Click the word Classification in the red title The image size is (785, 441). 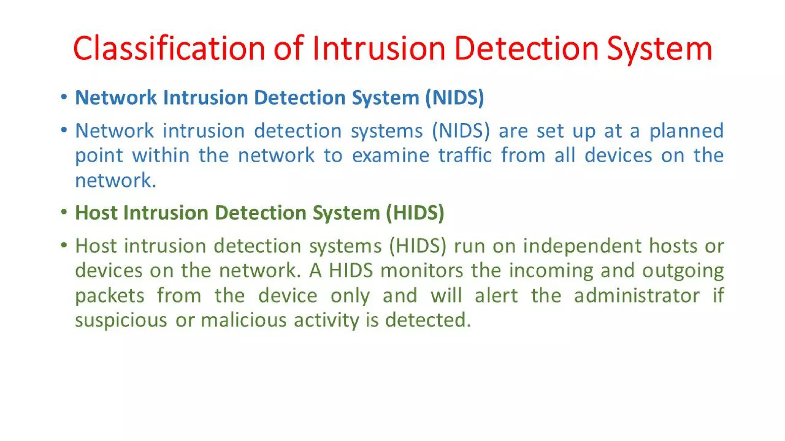tap(169, 49)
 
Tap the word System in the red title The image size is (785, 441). tap(659, 49)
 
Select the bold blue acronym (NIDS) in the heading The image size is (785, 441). tap(455, 98)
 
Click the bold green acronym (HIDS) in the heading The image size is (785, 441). tap(415, 213)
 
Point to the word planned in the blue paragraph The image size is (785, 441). tap(686, 131)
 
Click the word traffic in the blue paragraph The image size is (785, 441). tap(465, 156)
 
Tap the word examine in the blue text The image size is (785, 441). tap(391, 156)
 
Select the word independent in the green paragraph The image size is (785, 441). tap(582, 246)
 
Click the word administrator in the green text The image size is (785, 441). tap(637, 296)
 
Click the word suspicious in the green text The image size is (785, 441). tap(121, 320)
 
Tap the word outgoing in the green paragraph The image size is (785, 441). tap(683, 271)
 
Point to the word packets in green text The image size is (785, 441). tap(110, 296)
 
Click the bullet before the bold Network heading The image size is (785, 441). tap(64, 97)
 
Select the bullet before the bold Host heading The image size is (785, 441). tap(64, 212)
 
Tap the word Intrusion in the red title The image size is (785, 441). tap(379, 49)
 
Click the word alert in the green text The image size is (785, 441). tap(496, 296)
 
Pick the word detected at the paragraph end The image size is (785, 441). tap(427, 320)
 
